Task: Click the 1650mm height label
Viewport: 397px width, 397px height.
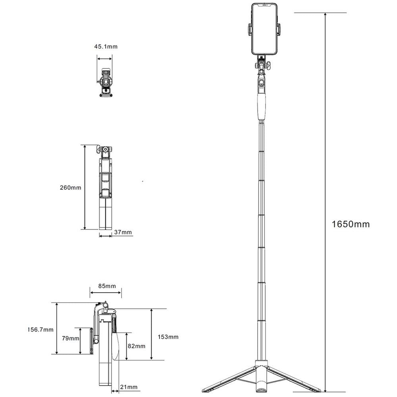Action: (x=351, y=224)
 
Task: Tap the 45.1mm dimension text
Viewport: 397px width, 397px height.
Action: (x=106, y=46)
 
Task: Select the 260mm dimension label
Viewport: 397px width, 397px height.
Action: (x=71, y=188)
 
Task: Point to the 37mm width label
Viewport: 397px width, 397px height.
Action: (x=123, y=232)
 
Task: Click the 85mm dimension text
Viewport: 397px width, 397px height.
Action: (x=107, y=286)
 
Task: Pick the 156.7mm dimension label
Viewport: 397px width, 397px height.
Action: (x=40, y=330)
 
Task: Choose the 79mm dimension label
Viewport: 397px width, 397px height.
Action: (x=71, y=338)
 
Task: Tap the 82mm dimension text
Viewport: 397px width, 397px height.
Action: (x=137, y=346)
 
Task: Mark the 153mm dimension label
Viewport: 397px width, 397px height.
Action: (x=168, y=337)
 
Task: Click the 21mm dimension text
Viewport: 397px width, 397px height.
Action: (x=129, y=387)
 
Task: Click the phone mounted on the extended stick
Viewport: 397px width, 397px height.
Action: (x=264, y=29)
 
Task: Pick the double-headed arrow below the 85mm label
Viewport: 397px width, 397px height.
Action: (x=106, y=293)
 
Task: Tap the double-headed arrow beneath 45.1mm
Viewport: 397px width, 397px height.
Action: (x=104, y=59)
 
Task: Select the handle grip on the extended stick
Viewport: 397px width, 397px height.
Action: (x=262, y=107)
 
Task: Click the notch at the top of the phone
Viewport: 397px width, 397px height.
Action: (x=264, y=4)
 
